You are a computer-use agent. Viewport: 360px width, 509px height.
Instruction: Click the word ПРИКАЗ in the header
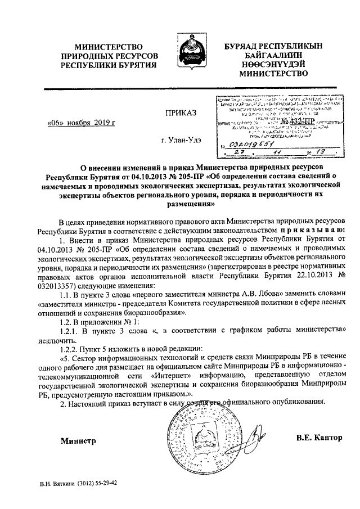click(180, 113)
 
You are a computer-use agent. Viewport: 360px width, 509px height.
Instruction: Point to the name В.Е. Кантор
click(318, 437)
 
